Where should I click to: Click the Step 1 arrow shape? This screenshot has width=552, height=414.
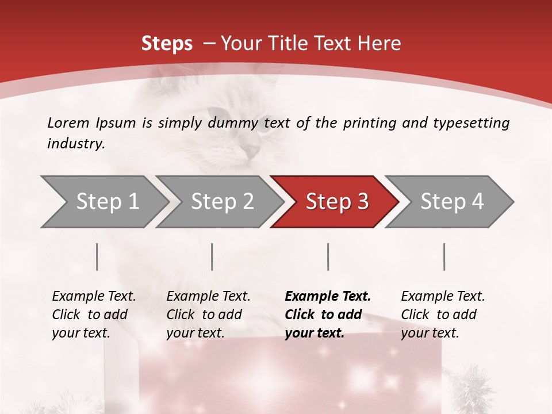pyautogui.click(x=103, y=202)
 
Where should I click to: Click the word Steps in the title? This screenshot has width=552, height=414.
pyautogui.click(x=167, y=43)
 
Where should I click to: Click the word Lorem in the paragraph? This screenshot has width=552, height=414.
pyautogui.click(x=68, y=122)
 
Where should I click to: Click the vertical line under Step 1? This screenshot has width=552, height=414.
pyautogui.click(x=97, y=256)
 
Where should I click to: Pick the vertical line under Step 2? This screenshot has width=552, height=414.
pyautogui.click(x=212, y=256)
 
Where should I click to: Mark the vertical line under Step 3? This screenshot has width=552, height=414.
pyautogui.click(x=328, y=256)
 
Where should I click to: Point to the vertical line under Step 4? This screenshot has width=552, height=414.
pyautogui.click(x=444, y=256)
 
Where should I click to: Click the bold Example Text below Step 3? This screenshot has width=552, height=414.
pyautogui.click(x=328, y=297)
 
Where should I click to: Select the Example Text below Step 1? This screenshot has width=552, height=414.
pyautogui.click(x=94, y=297)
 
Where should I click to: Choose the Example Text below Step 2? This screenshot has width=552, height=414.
pyautogui.click(x=208, y=297)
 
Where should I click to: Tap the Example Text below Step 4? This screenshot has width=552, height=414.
pyautogui.click(x=443, y=297)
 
